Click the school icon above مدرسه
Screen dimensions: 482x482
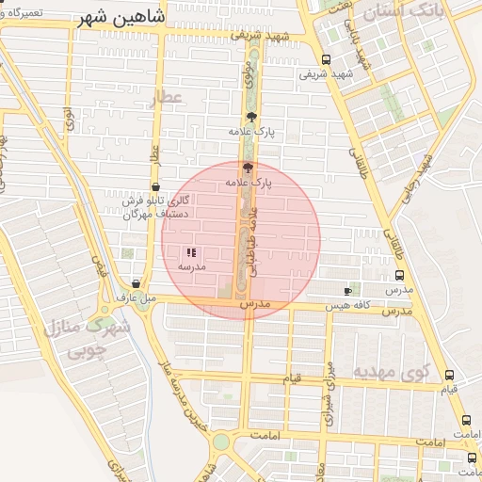pyautogui.click(x=192, y=252)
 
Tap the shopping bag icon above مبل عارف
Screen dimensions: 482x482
pyautogui.click(x=137, y=283)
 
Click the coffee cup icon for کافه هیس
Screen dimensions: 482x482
pyautogui.click(x=348, y=291)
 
